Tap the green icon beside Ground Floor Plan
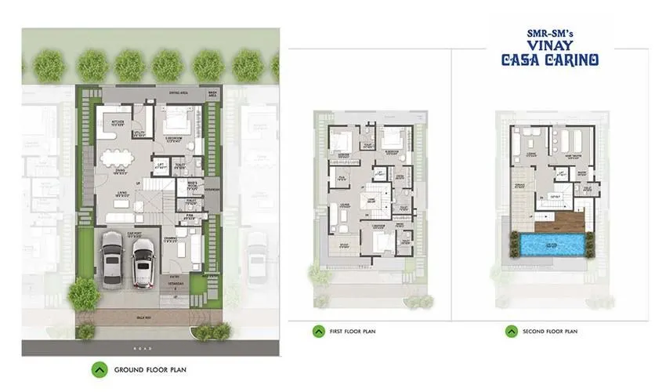[x=100, y=368]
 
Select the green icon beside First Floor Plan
[x=318, y=331]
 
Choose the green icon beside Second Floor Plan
[x=511, y=331]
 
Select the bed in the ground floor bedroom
[x=177, y=122]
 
